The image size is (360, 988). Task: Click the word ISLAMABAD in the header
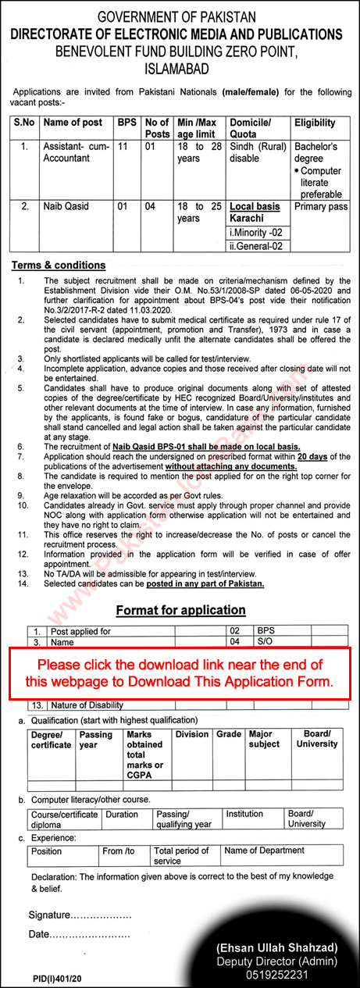coord(180,67)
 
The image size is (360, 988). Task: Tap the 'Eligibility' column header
coord(315,123)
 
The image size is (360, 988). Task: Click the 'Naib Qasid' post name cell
coord(68,207)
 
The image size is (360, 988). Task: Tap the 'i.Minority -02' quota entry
coord(257,233)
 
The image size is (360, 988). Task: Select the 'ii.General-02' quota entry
coord(257,246)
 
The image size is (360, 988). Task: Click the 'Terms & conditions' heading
coord(59,265)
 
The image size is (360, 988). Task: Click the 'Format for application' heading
coord(180,609)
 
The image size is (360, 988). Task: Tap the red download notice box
coord(180,662)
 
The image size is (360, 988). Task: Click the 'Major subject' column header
coord(264,739)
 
